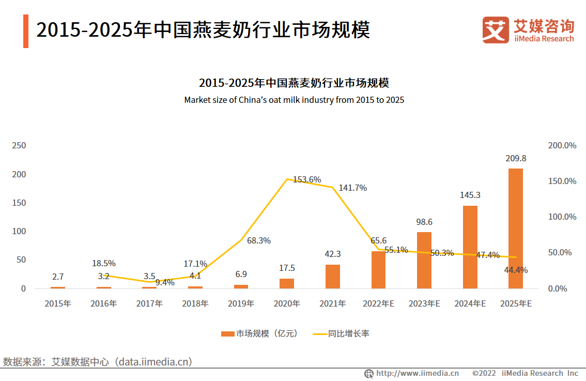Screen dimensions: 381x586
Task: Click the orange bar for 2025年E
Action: pos(515,228)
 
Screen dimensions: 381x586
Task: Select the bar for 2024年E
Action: pos(470,247)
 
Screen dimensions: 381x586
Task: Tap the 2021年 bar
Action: pos(333,277)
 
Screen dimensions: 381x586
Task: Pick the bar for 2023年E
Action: pos(424,260)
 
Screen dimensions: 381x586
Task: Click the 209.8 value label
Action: pos(516,158)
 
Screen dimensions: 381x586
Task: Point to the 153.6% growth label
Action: pos(307,179)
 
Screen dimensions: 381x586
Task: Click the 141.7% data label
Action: pos(353,188)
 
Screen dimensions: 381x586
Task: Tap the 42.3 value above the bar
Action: pos(333,254)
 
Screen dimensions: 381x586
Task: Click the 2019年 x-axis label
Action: pos(241,304)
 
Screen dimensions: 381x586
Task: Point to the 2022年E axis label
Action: pos(379,304)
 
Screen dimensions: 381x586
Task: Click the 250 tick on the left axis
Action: pos(19,145)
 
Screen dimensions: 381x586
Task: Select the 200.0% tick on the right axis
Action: pos(562,145)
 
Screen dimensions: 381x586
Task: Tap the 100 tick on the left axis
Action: pos(19,231)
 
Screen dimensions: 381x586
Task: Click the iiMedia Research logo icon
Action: pos(495,29)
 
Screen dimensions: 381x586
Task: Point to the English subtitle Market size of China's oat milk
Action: pos(294,100)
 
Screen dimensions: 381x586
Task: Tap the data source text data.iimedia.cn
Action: pos(155,361)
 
